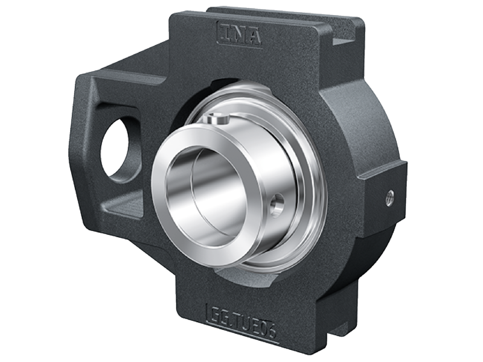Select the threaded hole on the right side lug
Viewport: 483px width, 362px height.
click(x=390, y=195)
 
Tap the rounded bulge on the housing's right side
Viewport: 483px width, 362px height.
click(x=362, y=121)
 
